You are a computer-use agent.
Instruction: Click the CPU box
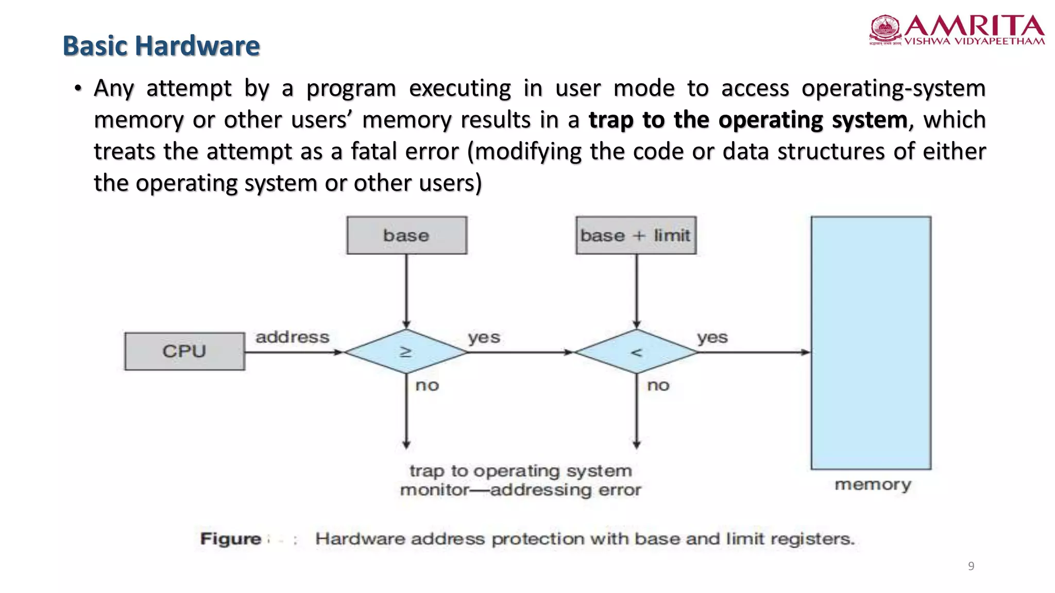click(184, 351)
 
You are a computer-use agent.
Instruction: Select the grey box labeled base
click(406, 235)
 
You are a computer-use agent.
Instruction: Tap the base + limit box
click(636, 235)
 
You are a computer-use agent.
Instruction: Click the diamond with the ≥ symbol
click(406, 352)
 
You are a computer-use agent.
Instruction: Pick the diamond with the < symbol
click(636, 352)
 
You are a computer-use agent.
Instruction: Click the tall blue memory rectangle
click(871, 342)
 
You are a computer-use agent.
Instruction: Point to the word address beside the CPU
click(292, 337)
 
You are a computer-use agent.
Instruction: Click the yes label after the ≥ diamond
click(484, 338)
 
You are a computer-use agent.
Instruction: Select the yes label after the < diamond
click(712, 338)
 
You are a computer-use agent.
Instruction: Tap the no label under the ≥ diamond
click(427, 385)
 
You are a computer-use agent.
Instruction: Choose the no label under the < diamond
click(658, 385)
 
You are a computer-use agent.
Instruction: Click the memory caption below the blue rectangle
click(873, 484)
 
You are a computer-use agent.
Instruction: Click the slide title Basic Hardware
click(161, 46)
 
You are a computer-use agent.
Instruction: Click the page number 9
click(971, 566)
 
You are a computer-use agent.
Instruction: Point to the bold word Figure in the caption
click(231, 539)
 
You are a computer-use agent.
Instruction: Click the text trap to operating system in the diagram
click(520, 471)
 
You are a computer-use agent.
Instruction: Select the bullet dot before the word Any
click(78, 89)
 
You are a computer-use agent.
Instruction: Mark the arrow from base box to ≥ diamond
click(406, 291)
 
